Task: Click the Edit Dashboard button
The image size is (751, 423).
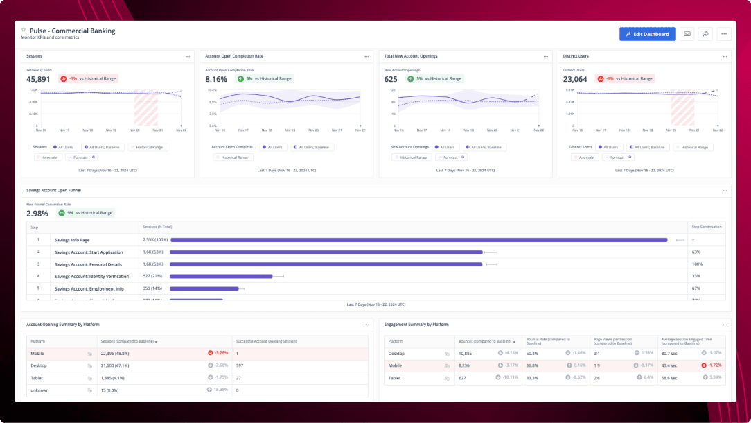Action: (647, 33)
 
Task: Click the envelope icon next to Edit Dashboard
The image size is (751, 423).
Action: (687, 33)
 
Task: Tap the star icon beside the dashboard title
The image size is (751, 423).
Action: (24, 30)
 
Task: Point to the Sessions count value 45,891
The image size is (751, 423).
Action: (38, 79)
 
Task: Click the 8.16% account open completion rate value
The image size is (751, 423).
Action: (216, 79)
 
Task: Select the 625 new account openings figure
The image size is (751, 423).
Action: (391, 79)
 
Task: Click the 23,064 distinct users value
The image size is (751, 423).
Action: (575, 79)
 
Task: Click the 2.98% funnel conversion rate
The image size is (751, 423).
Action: (37, 213)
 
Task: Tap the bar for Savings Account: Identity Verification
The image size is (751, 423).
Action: (221, 276)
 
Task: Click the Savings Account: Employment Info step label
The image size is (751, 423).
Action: (89, 288)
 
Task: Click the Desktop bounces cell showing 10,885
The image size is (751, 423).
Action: (468, 353)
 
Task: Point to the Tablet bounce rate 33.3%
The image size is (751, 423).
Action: (532, 377)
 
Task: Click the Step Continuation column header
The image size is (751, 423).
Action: (706, 227)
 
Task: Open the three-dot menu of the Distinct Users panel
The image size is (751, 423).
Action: (723, 56)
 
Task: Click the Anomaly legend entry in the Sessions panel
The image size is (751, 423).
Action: (48, 157)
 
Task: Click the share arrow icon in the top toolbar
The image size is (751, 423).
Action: (705, 33)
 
